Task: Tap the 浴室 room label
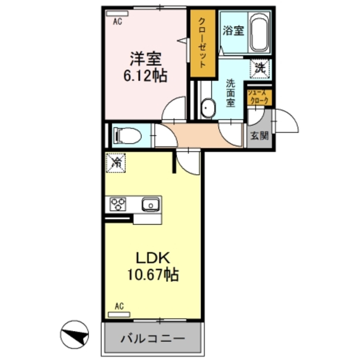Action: pos(233,31)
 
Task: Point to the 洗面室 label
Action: pos(230,93)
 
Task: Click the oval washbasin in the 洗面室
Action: pos(208,108)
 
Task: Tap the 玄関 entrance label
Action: pos(259,136)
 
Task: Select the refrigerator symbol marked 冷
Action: pos(116,163)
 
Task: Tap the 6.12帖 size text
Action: pos(145,76)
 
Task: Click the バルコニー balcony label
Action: pos(153,338)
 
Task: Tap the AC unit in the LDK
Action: pos(119,314)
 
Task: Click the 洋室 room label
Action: pos(145,59)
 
